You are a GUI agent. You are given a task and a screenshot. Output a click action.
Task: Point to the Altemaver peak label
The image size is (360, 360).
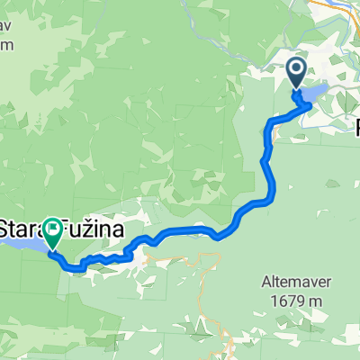pos(296,280)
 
